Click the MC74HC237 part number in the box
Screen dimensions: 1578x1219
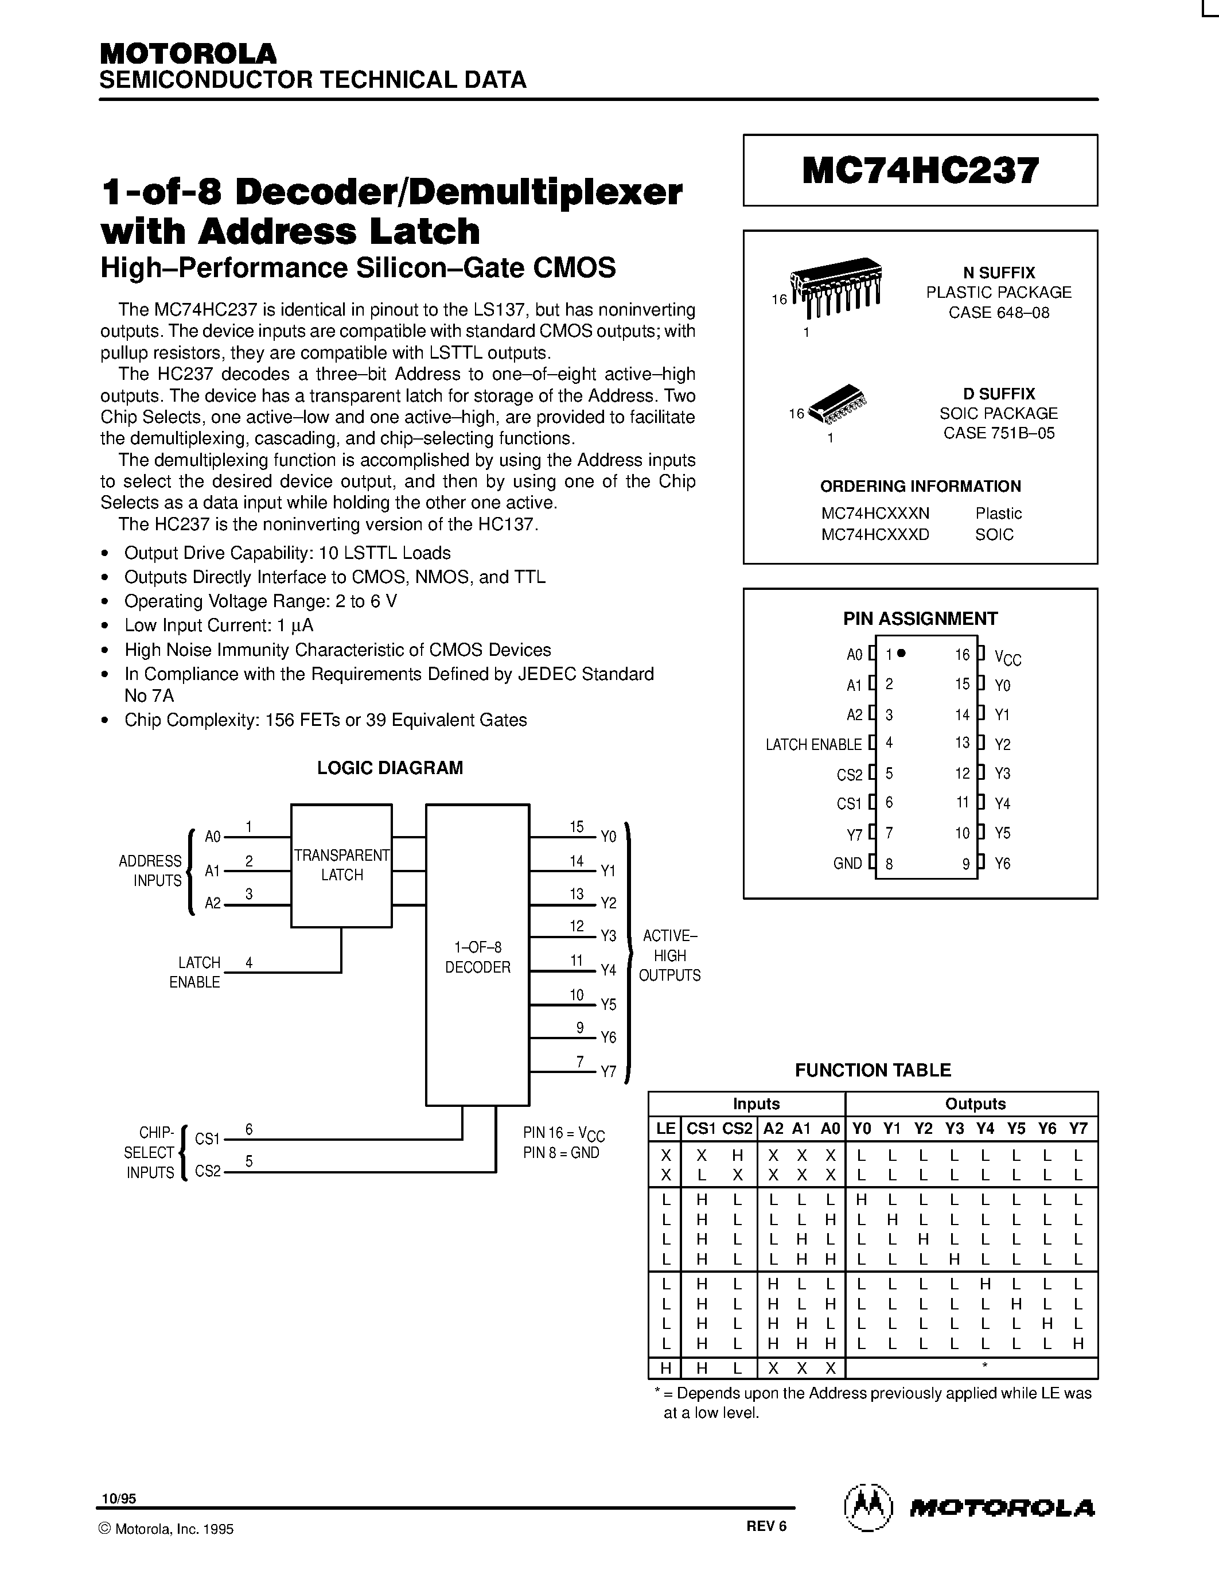point(920,171)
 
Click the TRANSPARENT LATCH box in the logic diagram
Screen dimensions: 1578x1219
point(341,865)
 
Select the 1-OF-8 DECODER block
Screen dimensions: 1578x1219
point(477,957)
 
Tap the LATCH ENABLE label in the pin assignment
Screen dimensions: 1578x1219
point(813,744)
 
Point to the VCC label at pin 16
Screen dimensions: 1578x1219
point(1007,657)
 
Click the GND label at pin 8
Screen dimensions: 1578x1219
point(847,864)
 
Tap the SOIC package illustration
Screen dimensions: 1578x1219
point(838,404)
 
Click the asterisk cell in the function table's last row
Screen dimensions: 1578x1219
point(984,1365)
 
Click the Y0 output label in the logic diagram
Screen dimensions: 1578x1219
point(608,837)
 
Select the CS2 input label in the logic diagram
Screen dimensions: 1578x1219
point(207,1171)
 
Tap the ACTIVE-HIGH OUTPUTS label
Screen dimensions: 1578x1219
point(669,955)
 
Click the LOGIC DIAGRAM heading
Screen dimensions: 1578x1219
point(390,767)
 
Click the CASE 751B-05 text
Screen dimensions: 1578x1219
point(998,433)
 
